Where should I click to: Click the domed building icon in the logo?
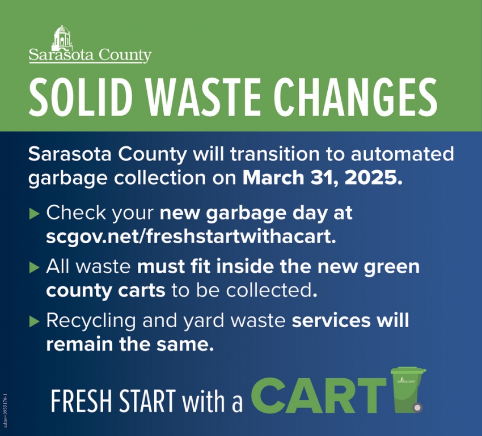(63, 38)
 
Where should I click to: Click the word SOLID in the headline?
(81, 96)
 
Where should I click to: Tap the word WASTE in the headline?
(203, 96)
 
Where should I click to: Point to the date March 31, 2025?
(323, 177)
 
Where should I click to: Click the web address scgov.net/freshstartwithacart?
(191, 236)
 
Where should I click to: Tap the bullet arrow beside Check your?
(35, 214)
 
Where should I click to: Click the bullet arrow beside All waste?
(35, 267)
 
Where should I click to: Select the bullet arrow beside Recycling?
(35, 321)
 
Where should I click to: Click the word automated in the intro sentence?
(403, 154)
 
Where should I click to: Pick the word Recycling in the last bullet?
(91, 321)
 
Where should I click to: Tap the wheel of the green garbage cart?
(417, 408)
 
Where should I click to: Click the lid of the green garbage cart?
(408, 371)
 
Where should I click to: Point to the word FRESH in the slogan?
(82, 401)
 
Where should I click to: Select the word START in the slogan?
(147, 401)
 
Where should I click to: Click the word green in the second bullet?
(392, 267)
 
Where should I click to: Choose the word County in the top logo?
(125, 56)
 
